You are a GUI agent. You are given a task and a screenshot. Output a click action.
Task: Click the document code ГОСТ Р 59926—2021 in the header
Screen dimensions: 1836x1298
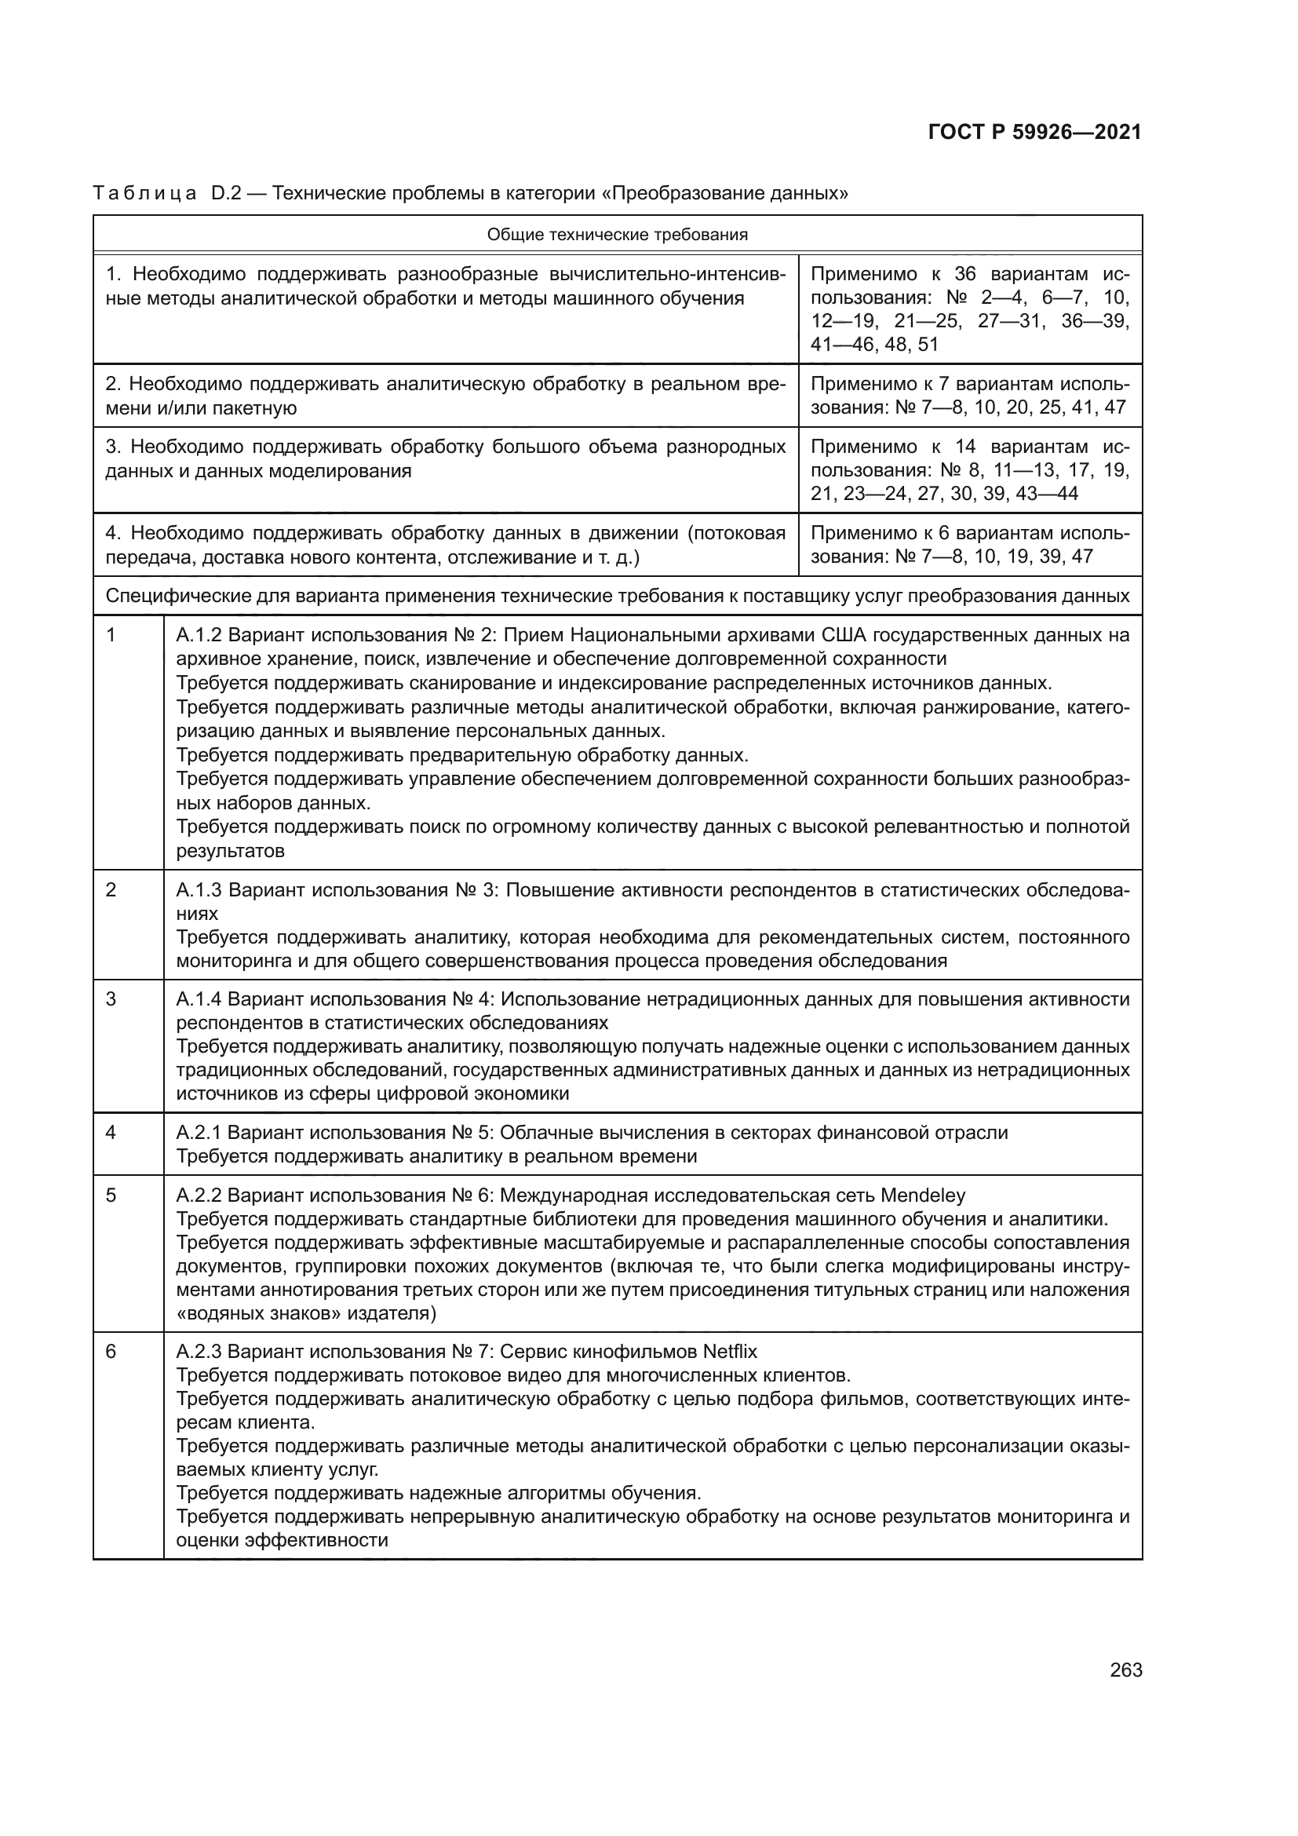pyautogui.click(x=1034, y=133)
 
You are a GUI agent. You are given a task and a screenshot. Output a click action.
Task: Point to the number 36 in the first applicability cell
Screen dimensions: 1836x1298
pyautogui.click(x=965, y=274)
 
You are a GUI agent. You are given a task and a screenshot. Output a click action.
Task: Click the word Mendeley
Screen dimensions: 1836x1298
pyautogui.click(x=922, y=1195)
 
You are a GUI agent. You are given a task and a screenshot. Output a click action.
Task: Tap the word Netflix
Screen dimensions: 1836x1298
pyautogui.click(x=730, y=1352)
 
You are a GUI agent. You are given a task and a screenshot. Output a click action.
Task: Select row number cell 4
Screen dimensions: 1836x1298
pyautogui.click(x=111, y=1133)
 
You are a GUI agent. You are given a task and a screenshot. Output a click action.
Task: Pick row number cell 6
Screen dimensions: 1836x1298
pyautogui.click(x=111, y=1352)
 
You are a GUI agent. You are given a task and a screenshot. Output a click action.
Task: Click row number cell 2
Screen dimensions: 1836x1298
pyautogui.click(x=111, y=890)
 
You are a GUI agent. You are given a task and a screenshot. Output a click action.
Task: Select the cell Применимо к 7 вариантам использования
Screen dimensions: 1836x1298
pyautogui.click(x=969, y=396)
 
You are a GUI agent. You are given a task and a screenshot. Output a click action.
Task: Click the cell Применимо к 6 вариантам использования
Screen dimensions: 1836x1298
pyautogui.click(x=969, y=545)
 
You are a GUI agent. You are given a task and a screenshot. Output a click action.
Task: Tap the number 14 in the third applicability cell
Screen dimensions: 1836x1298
pyautogui.click(x=965, y=447)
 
